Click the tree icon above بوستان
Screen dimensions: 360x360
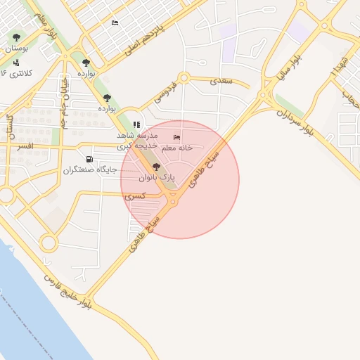click(16, 37)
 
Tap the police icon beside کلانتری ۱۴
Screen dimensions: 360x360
click(16, 63)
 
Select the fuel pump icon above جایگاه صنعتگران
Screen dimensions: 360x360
click(89, 159)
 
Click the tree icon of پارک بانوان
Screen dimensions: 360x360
click(155, 167)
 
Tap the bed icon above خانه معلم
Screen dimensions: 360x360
click(176, 137)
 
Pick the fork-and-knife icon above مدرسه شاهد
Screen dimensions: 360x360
click(136, 124)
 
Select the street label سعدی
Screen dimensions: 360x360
click(220, 81)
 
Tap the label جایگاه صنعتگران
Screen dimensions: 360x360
click(88, 170)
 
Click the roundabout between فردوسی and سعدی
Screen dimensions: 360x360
click(184, 78)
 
